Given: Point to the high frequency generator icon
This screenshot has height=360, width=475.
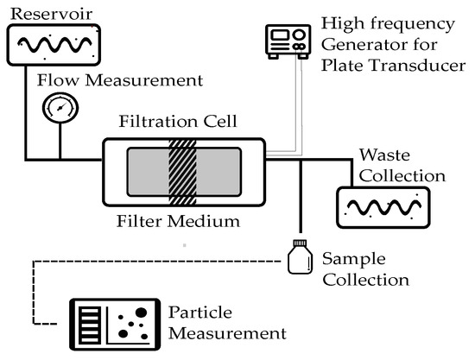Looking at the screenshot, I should point(287,40).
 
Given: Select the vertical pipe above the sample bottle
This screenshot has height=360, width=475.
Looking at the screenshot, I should point(300,199).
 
